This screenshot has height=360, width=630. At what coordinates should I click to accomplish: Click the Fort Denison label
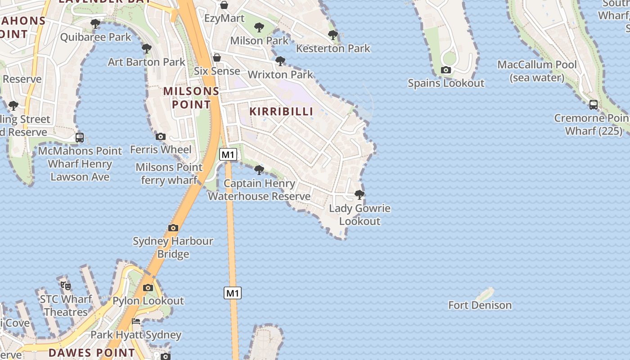480,305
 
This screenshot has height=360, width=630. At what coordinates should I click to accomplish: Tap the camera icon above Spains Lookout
446,70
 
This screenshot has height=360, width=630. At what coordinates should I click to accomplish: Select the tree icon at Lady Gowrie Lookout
359,195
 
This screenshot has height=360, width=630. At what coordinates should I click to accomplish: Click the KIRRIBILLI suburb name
281,112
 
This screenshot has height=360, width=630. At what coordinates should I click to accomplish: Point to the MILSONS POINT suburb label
191,98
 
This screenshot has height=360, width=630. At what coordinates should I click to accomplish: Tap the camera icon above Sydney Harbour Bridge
173,228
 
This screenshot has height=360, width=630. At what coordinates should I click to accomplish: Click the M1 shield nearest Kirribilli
228,155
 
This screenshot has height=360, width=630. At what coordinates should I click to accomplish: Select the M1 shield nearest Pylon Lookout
233,293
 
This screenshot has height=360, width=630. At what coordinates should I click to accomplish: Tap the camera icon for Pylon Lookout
148,288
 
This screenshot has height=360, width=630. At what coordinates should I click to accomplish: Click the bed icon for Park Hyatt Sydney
136,321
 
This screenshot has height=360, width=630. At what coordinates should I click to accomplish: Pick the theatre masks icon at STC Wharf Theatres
66,285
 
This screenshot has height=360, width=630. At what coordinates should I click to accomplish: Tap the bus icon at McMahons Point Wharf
80,138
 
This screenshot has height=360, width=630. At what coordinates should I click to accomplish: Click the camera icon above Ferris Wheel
161,136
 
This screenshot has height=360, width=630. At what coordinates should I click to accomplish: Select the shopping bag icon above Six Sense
217,58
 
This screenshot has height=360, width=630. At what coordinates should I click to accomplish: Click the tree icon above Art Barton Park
146,49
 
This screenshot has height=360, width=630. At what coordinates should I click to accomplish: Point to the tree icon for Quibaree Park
95,23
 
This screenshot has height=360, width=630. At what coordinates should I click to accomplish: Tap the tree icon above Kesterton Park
333,35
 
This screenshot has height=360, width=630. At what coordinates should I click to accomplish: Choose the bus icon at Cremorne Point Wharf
594,105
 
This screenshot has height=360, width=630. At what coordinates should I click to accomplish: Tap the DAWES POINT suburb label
91,352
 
